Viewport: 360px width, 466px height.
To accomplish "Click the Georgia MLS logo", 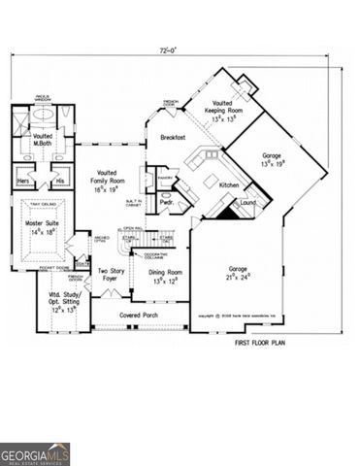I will [35, 453].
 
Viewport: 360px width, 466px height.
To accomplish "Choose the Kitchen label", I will [228, 184].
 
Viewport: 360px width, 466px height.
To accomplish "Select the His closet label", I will [58, 181].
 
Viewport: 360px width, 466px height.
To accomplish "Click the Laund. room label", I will [248, 203].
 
